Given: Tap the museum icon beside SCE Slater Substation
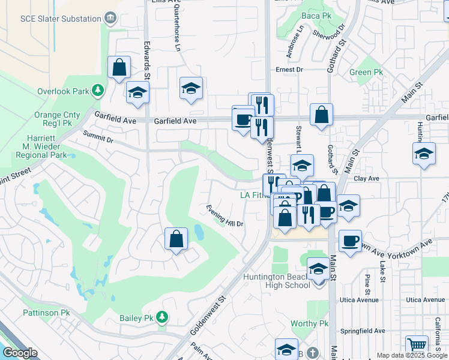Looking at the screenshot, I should click(x=110, y=19).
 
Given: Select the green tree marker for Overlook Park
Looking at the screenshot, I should click(x=97, y=91).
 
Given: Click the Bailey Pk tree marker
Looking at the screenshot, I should click(x=161, y=316).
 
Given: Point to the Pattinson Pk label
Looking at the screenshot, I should click(x=46, y=313).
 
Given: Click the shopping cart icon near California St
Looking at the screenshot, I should click(x=417, y=345).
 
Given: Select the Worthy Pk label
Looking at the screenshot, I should click(x=310, y=323).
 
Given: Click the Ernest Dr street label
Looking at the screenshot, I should click(x=289, y=70).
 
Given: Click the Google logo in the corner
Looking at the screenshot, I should click(x=20, y=353).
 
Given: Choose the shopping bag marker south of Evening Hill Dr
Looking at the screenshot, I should click(x=176, y=239).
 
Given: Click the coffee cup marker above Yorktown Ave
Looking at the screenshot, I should click(x=351, y=241).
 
